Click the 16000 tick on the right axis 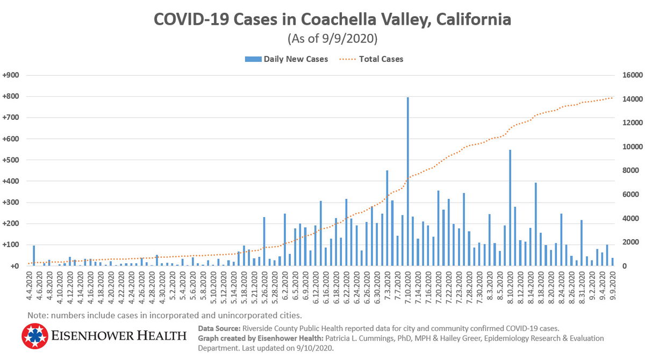pos(631,76)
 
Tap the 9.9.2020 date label pos(612,286)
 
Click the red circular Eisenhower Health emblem pos(35,336)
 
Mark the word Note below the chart pos(37,315)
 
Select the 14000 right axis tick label pos(631,99)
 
